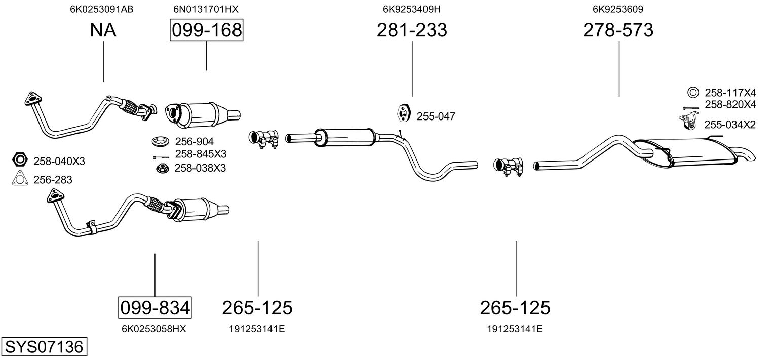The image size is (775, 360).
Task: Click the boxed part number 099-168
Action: (x=206, y=30)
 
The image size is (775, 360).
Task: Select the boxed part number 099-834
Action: (x=155, y=307)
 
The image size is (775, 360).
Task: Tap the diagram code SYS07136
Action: (x=44, y=347)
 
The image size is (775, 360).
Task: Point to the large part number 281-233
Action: (x=412, y=30)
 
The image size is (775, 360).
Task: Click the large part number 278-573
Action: (x=618, y=30)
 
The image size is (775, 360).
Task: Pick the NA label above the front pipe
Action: (x=103, y=30)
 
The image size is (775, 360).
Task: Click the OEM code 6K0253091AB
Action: (x=102, y=9)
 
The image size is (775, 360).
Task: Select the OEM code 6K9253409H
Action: (x=412, y=9)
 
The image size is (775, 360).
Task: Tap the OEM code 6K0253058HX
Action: (x=154, y=329)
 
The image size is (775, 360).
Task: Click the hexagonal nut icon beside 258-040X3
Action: (x=20, y=161)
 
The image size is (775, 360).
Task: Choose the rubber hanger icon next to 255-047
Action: (x=403, y=114)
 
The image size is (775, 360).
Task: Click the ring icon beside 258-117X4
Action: (x=692, y=92)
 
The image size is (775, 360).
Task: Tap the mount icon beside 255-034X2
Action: (x=686, y=122)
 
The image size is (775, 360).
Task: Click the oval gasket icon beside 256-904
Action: (x=161, y=141)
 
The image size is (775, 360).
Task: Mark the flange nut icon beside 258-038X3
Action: (x=162, y=168)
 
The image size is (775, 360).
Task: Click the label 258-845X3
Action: (x=201, y=154)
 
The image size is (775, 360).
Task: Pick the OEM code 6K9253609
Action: (x=618, y=9)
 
